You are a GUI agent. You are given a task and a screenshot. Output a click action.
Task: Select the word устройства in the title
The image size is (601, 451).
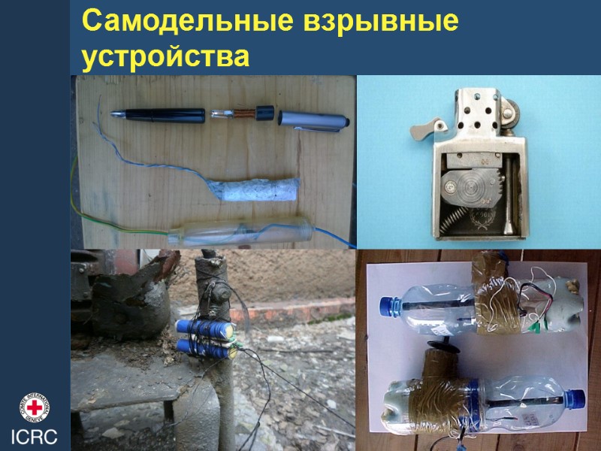coord(165,56)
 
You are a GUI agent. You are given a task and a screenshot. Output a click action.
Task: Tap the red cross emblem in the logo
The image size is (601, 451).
coord(34,407)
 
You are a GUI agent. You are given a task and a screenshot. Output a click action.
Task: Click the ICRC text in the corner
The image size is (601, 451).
coord(34,437)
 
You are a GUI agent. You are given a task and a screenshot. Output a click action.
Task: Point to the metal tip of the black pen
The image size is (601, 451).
coord(119,114)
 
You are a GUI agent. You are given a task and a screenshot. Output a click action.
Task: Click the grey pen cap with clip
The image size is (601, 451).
coord(316,119)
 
